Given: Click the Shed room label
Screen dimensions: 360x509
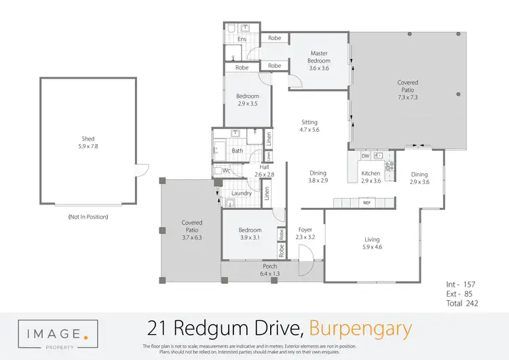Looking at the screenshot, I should (x=88, y=143).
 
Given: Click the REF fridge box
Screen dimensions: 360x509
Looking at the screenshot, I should (x=366, y=203).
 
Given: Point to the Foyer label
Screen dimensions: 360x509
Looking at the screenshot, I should (x=305, y=234).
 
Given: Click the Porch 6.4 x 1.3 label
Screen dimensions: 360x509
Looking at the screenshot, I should (x=270, y=270).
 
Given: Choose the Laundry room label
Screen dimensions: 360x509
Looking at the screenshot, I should (x=242, y=194).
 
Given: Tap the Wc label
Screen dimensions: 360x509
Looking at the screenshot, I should (x=227, y=170).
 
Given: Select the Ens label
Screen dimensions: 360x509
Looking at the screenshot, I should (x=242, y=39).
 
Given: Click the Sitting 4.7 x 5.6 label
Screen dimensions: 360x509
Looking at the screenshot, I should (x=310, y=126).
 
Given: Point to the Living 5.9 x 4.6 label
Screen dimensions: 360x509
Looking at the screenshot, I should (x=371, y=243).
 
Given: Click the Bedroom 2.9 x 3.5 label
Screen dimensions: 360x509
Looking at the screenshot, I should (x=248, y=100).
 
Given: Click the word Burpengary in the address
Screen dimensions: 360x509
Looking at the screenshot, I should (x=360, y=329).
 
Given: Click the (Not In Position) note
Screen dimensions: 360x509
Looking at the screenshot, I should (x=88, y=217).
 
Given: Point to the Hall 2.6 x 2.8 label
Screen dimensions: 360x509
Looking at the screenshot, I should (x=265, y=171).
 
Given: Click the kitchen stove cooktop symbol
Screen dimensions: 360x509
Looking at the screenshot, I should (x=390, y=165).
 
